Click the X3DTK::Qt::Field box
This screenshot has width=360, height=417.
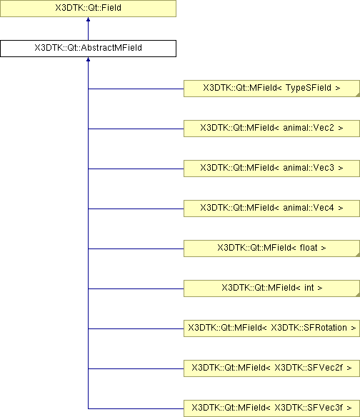point(88,9)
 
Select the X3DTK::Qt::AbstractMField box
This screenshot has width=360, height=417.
point(88,49)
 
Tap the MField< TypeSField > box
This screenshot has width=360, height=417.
point(271,89)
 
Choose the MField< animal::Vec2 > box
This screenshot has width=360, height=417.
point(271,129)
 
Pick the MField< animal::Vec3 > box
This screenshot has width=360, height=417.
point(271,169)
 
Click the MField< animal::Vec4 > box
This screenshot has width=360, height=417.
point(271,208)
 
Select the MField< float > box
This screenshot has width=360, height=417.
point(271,248)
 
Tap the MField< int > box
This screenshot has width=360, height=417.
point(271,288)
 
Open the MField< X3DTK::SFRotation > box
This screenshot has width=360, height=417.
point(271,328)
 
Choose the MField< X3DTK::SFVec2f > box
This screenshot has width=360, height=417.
point(271,368)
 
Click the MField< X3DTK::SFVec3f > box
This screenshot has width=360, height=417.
point(271,408)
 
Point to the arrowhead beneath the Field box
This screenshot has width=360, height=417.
point(88,19)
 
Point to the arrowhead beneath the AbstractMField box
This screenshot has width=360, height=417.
point(88,59)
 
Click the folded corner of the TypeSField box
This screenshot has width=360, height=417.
point(358,95)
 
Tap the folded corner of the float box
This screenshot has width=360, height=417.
point(358,255)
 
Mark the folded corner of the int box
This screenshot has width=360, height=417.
point(358,295)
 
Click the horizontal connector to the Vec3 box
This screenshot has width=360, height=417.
point(136,169)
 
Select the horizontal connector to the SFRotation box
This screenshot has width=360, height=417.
point(136,328)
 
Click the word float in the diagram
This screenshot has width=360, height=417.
point(309,248)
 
